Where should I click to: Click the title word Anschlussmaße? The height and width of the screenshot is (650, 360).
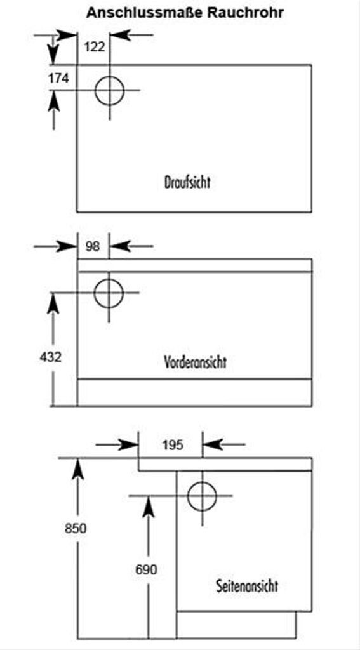pos(145,13)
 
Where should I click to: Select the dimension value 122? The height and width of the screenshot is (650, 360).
pos(95,47)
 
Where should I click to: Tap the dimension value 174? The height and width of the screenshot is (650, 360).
pos(58,78)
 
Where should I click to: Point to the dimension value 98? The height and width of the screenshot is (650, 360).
pos(93,247)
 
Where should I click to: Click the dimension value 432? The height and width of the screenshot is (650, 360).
pos(51,357)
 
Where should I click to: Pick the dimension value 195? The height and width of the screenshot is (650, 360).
pos(173,445)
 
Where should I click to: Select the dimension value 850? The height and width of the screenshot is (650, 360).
pos(76,529)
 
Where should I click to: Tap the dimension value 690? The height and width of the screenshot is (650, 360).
pos(147,570)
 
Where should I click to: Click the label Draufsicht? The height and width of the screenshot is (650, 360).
pos(187,182)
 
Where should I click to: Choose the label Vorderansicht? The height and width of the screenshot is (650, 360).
pos(196,362)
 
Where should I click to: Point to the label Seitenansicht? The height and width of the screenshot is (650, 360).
pos(247,586)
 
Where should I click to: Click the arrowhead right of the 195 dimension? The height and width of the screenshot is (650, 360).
pos(212,445)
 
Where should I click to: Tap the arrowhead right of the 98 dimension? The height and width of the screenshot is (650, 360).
pos(119,247)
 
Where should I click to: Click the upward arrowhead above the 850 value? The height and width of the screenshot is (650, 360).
pos(77,469)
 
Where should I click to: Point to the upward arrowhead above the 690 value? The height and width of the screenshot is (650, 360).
pos(149,507)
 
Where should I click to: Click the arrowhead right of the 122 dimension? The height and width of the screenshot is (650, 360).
pos(120,36)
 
